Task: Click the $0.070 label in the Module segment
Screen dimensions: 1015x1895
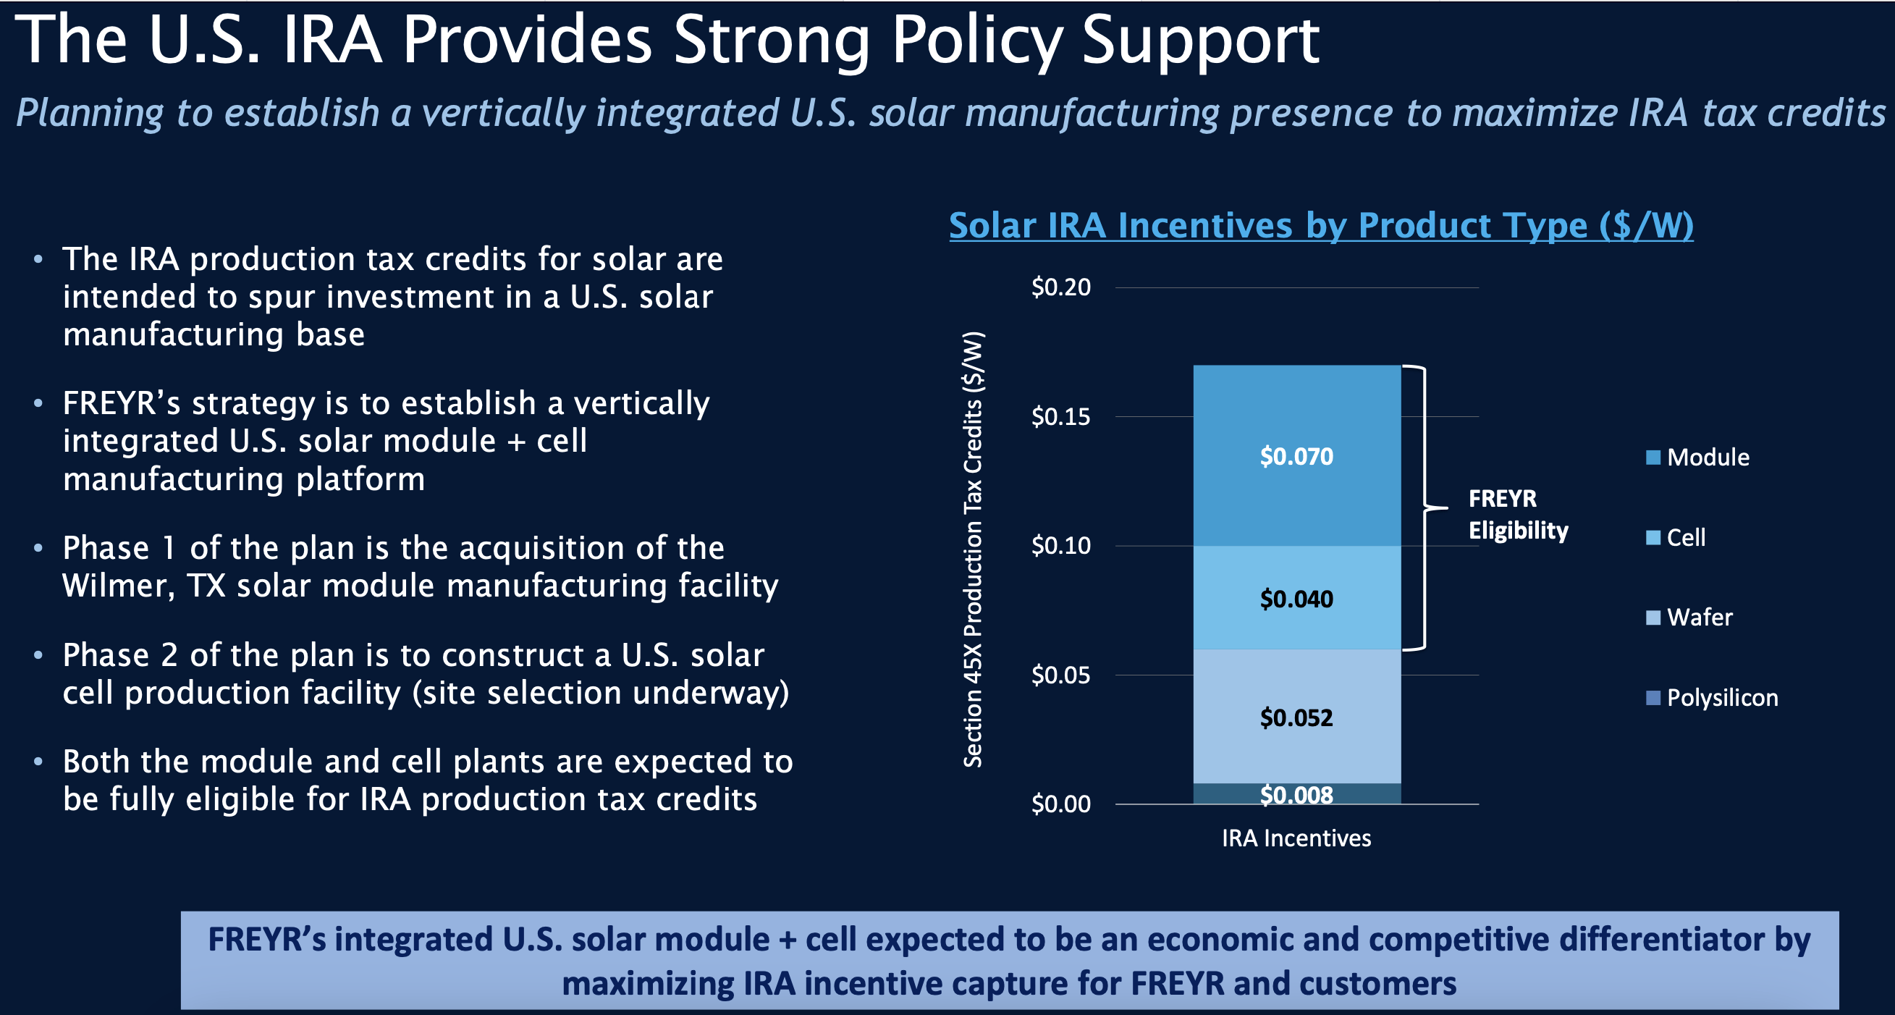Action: click(x=1296, y=456)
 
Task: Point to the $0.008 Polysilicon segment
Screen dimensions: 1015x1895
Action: click(x=1296, y=794)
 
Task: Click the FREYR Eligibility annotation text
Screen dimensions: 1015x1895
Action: click(x=1517, y=514)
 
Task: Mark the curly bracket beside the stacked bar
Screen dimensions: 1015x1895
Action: click(x=1425, y=507)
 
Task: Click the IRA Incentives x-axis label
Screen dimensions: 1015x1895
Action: click(x=1296, y=838)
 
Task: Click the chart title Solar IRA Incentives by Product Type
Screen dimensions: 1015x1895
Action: click(x=1320, y=225)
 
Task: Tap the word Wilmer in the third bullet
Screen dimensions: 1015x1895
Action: click(x=117, y=586)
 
